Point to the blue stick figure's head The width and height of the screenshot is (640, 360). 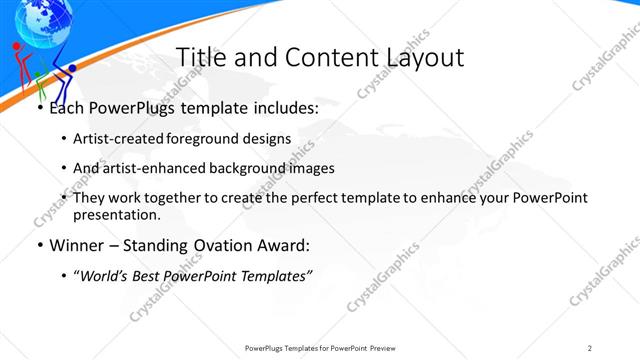(71, 69)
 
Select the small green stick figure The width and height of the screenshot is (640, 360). (38, 80)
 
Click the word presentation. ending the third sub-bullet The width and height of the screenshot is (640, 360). (117, 214)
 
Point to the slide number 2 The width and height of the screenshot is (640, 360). (590, 347)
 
